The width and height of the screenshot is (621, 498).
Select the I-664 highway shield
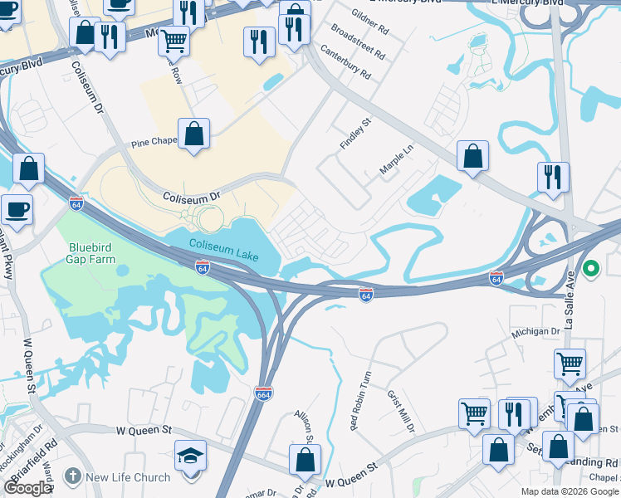pyautogui.click(x=264, y=392)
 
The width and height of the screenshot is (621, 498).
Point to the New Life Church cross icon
pyautogui.click(x=73, y=477)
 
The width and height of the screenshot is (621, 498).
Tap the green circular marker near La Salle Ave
pyautogui.click(x=591, y=269)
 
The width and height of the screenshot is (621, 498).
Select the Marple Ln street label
pyautogui.click(x=396, y=158)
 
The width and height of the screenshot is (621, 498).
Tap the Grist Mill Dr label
pyautogui.click(x=401, y=412)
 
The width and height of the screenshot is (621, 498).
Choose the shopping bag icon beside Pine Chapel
pyautogui.click(x=193, y=134)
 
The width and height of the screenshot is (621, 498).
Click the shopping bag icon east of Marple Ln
pyautogui.click(x=472, y=156)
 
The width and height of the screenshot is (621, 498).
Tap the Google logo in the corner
pyautogui.click(x=28, y=488)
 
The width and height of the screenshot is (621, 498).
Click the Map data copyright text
pyautogui.click(x=570, y=491)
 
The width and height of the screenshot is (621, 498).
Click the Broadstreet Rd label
pyautogui.click(x=358, y=41)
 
